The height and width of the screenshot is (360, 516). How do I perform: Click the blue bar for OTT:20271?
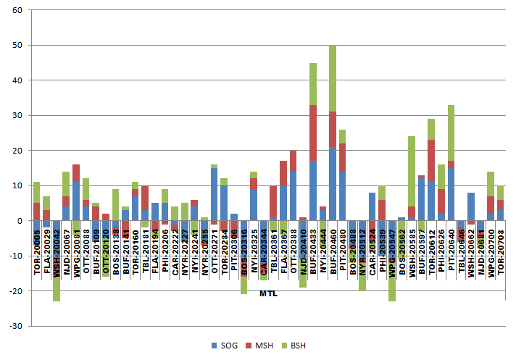click(x=215, y=194)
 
